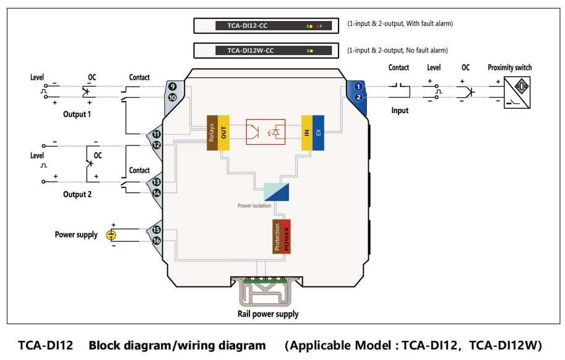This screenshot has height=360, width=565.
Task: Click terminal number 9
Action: (x=172, y=87)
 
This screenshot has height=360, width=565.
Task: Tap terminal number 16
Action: (x=157, y=241)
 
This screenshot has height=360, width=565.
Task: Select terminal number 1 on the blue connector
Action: (x=358, y=87)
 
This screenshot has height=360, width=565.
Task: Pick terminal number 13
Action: (x=157, y=182)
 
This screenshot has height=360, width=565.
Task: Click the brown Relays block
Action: (x=212, y=132)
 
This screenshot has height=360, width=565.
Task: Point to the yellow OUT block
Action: (x=223, y=132)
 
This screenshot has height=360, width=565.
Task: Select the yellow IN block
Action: (x=307, y=132)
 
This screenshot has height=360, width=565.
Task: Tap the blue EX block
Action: (x=318, y=132)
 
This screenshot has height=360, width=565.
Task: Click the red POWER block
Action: (x=286, y=236)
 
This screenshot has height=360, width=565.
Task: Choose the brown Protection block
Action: (x=277, y=236)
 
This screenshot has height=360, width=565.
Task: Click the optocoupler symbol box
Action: (x=265, y=132)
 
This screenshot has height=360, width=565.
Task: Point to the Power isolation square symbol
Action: (x=276, y=192)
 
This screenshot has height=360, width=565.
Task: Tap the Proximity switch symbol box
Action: (x=517, y=92)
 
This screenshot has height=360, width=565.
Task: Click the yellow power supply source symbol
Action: (x=111, y=235)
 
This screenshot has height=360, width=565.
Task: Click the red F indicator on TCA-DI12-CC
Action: (x=319, y=27)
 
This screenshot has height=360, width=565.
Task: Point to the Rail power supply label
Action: (x=268, y=314)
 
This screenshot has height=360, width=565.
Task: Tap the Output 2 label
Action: (x=77, y=195)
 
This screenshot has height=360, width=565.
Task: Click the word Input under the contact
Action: (x=400, y=111)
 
